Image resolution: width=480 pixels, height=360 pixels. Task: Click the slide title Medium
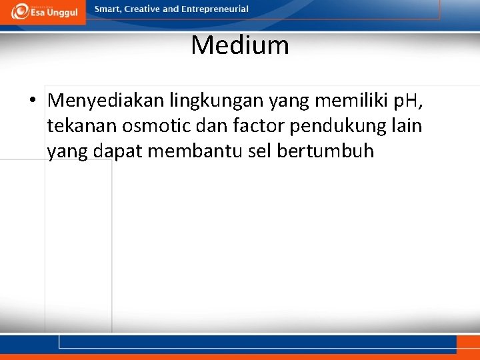(239, 45)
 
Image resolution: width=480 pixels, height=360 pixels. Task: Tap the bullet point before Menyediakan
(32, 101)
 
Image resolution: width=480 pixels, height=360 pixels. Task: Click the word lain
(409, 126)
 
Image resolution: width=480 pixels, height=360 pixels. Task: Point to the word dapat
(118, 151)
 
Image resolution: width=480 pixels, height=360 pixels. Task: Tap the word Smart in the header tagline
(109, 9)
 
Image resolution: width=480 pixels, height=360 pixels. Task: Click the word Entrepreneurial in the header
(216, 9)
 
